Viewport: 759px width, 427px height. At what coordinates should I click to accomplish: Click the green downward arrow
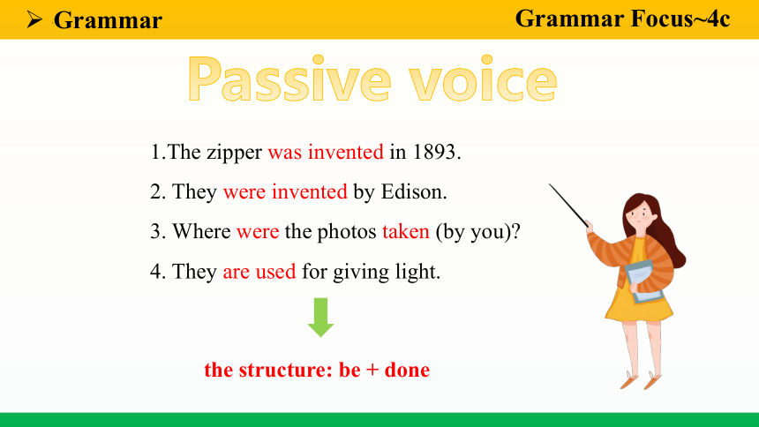coord(320,317)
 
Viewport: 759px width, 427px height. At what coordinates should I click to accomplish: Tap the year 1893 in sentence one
coord(433,152)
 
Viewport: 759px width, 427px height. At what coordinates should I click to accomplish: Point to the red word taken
coord(406,231)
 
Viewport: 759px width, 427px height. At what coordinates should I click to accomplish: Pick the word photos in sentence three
coord(347,232)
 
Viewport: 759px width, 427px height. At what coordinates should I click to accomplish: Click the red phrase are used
coord(259,272)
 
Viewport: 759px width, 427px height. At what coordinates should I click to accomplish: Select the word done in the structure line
coord(407,370)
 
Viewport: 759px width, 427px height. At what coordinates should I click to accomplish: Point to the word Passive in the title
coord(289,79)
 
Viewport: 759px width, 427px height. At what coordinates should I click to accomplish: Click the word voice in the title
coord(483,79)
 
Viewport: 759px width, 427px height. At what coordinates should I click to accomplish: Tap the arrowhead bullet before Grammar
coord(34,19)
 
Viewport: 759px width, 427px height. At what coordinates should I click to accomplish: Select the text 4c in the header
coord(718,19)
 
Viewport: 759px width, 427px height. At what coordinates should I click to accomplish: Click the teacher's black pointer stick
coord(568,206)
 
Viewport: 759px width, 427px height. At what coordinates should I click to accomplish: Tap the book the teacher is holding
coord(644,281)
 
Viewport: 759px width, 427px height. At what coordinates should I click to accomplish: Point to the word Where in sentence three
coord(201,231)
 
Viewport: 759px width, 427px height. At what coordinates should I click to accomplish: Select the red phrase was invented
coord(326,152)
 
